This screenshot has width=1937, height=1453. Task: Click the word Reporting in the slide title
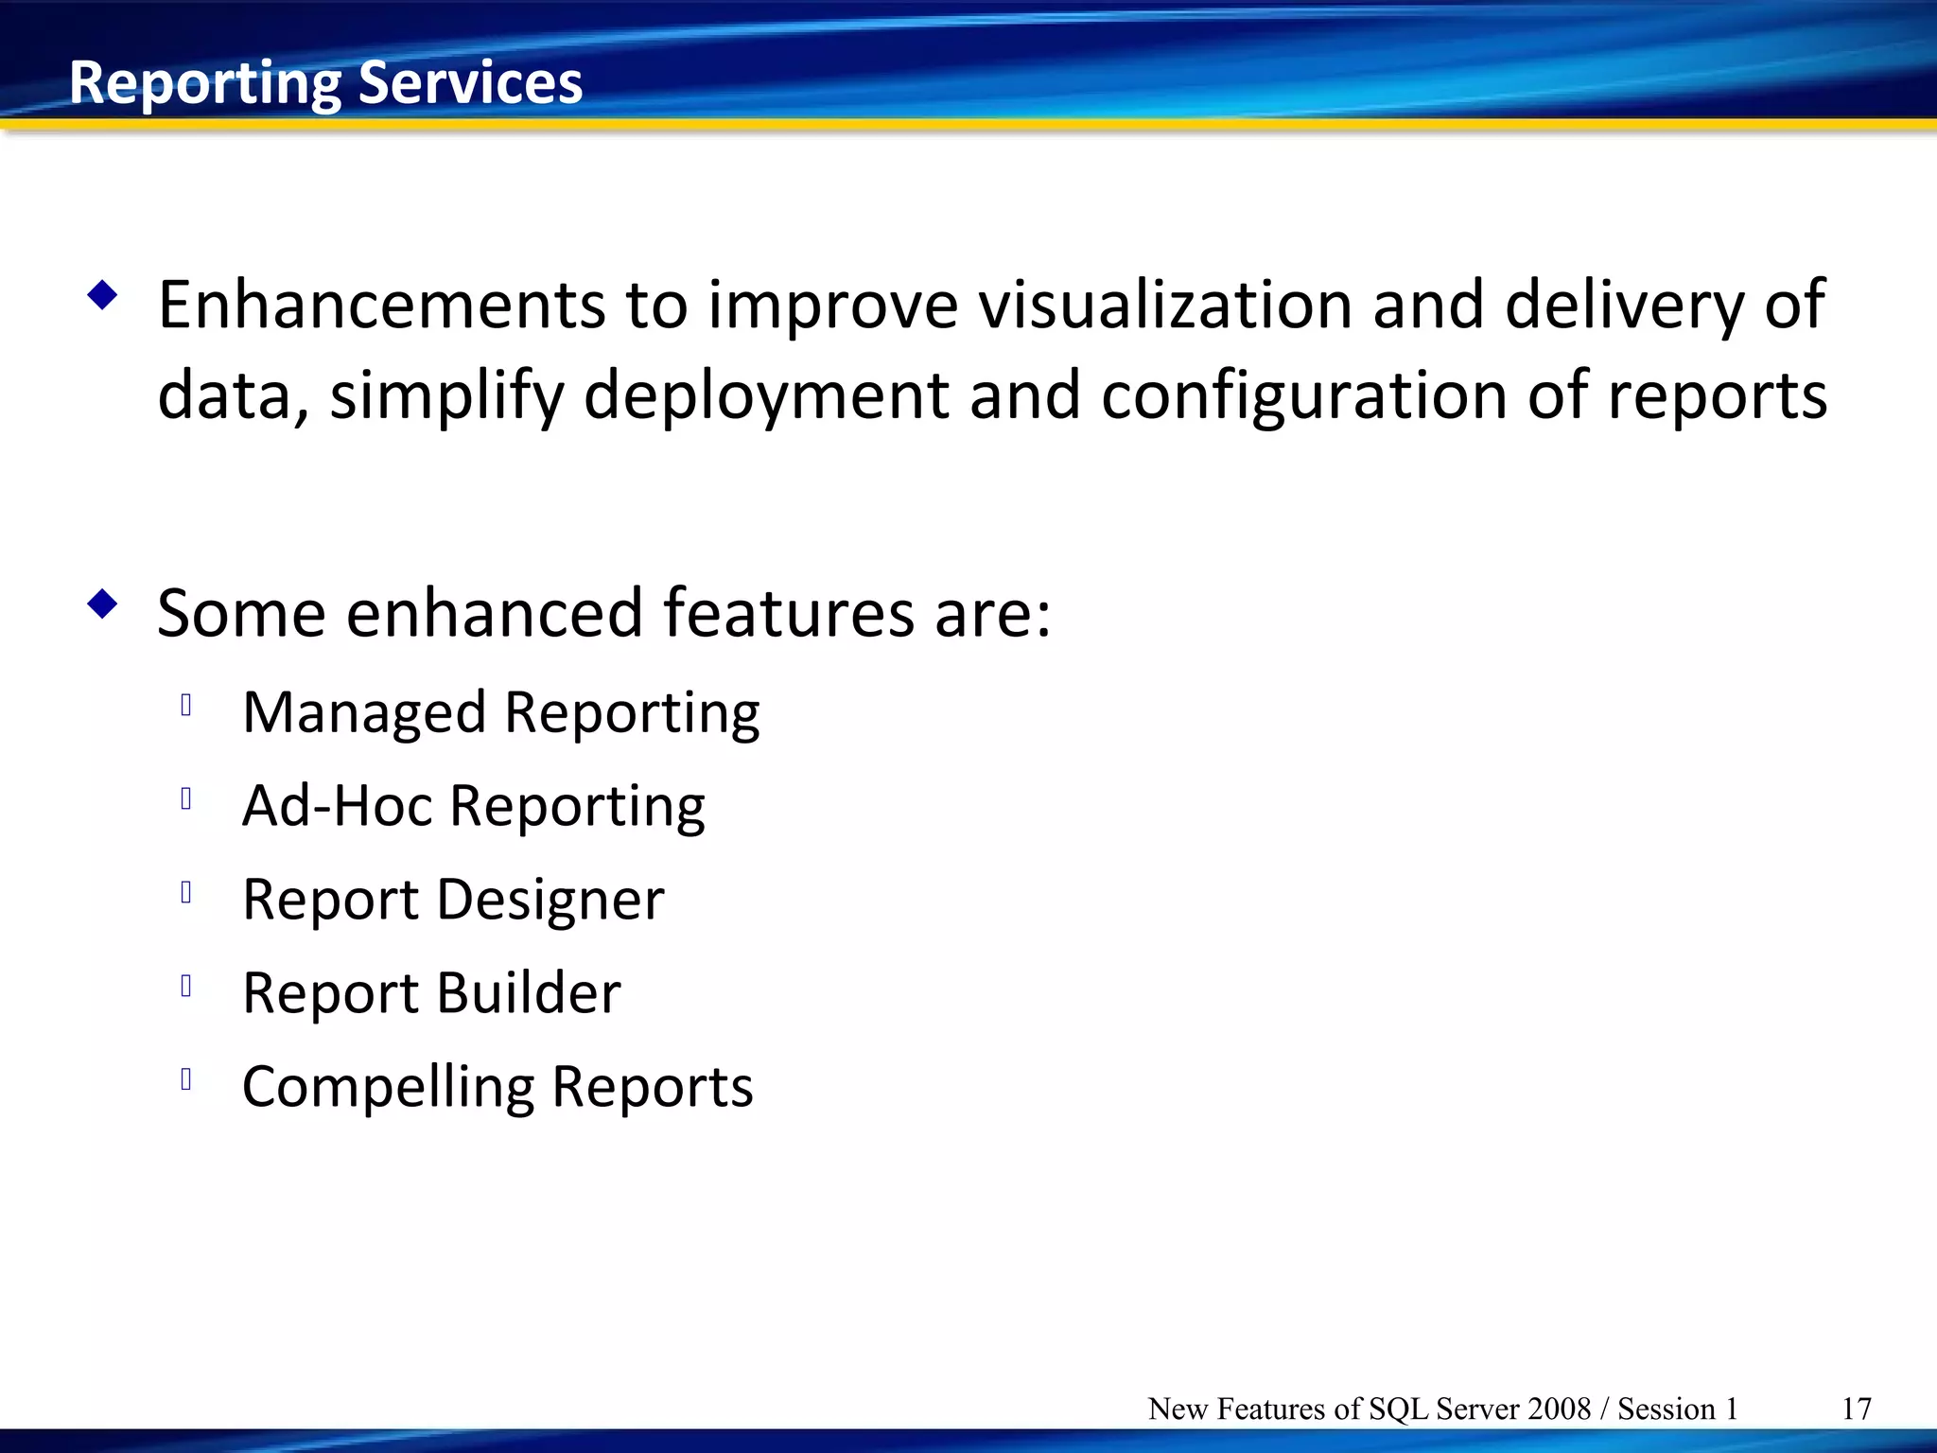[204, 83]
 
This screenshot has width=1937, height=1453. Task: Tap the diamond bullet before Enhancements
[102, 295]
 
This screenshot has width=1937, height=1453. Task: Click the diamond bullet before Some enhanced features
[102, 604]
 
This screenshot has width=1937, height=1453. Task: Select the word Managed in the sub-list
[364, 712]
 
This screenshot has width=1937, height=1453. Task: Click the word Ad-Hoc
[337, 805]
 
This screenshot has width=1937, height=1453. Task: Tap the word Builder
[529, 992]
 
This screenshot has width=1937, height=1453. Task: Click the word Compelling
[388, 1086]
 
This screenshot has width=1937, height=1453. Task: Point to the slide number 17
[1856, 1409]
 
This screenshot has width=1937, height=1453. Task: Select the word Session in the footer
[1666, 1409]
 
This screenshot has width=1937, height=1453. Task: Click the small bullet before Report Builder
[186, 986]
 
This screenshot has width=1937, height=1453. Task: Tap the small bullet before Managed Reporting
[186, 705]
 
